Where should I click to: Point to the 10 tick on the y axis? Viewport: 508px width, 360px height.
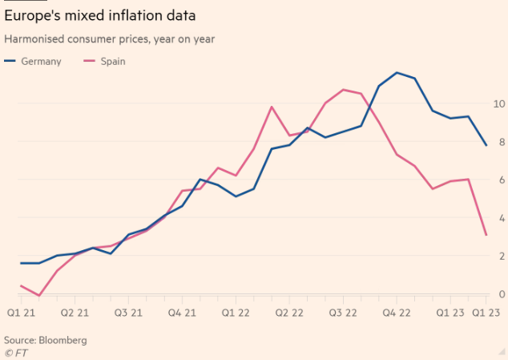click(x=498, y=104)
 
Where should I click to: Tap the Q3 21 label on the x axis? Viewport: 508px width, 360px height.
click(x=128, y=313)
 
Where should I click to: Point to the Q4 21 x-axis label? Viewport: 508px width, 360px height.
click(x=181, y=313)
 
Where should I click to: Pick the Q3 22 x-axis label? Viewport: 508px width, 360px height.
click(x=343, y=313)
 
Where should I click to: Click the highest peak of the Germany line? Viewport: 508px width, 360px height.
click(x=397, y=72)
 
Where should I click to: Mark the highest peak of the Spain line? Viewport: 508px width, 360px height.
click(x=343, y=89)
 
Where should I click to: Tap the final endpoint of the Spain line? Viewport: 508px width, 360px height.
click(x=486, y=235)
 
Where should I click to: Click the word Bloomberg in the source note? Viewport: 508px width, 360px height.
click(x=63, y=340)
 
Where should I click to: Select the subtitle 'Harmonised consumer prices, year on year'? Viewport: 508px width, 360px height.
click(x=109, y=38)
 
